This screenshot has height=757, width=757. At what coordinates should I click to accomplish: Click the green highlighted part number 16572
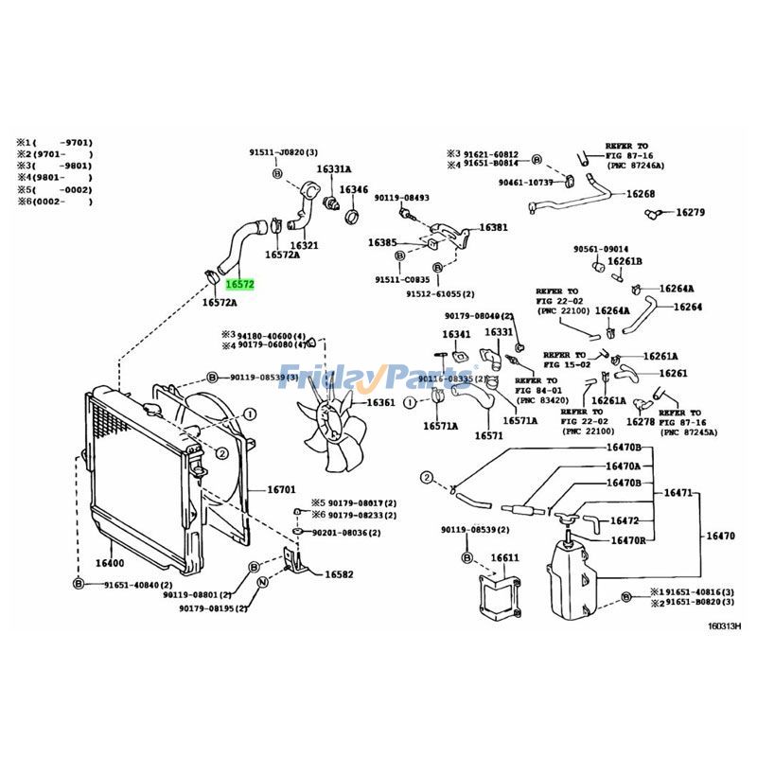click(x=240, y=283)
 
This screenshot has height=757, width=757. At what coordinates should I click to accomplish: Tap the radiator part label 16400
click(x=110, y=561)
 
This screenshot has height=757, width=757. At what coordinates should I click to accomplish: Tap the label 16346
click(x=354, y=189)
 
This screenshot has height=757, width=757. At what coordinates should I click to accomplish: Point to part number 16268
click(x=641, y=194)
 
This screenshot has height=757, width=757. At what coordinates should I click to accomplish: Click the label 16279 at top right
click(x=690, y=212)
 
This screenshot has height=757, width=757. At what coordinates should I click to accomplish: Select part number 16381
click(x=493, y=227)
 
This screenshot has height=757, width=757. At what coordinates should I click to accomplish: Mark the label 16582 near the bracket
click(x=339, y=574)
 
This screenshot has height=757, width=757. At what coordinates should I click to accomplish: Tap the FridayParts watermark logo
click(x=378, y=378)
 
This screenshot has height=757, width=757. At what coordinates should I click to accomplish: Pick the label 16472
click(x=625, y=520)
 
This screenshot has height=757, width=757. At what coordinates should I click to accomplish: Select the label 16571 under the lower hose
click(x=489, y=435)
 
